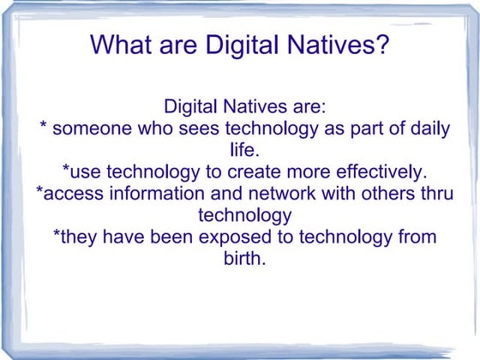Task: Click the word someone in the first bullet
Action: (x=89, y=129)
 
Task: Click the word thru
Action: (x=435, y=193)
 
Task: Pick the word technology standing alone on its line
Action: (x=244, y=214)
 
